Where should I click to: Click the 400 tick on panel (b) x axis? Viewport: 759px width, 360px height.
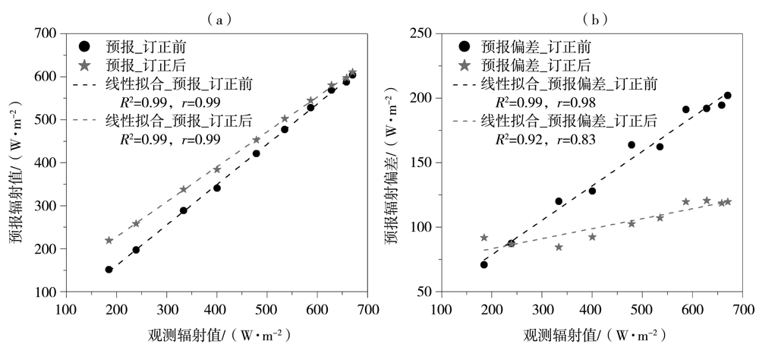coord(591,309)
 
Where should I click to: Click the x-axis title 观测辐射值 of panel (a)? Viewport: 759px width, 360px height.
coord(213,335)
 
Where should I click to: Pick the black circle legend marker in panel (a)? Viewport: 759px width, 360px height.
coord(84,46)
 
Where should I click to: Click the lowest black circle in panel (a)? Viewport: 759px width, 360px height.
coord(109,270)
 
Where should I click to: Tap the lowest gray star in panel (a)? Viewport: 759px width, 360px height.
coord(109,240)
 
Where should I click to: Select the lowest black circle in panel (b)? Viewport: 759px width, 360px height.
coord(483,264)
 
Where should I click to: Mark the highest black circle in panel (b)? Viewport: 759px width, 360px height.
coord(727,96)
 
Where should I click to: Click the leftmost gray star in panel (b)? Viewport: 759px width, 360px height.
coord(483,238)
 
